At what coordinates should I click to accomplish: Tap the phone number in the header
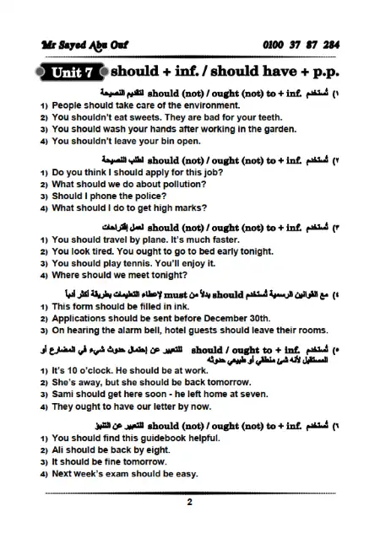click(298, 42)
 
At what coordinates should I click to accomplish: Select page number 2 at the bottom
click(190, 503)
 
